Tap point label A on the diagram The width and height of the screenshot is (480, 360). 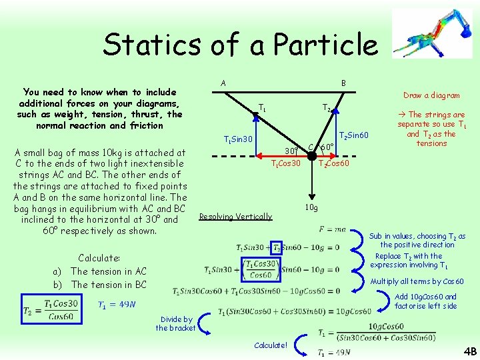tap(223, 83)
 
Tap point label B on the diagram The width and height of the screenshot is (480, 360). tap(343, 83)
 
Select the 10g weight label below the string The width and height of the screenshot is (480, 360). tap(311, 208)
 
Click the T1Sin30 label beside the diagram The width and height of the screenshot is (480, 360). tap(237, 139)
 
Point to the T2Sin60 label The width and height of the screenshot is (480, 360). tap(355, 136)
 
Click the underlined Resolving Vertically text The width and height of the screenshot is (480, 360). tap(235, 216)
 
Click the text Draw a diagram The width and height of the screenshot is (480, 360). tap(431, 95)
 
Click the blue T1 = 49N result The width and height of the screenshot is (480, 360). tap(117, 305)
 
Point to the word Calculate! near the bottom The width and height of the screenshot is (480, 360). tap(271, 345)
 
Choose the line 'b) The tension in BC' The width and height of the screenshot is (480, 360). tap(100, 285)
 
